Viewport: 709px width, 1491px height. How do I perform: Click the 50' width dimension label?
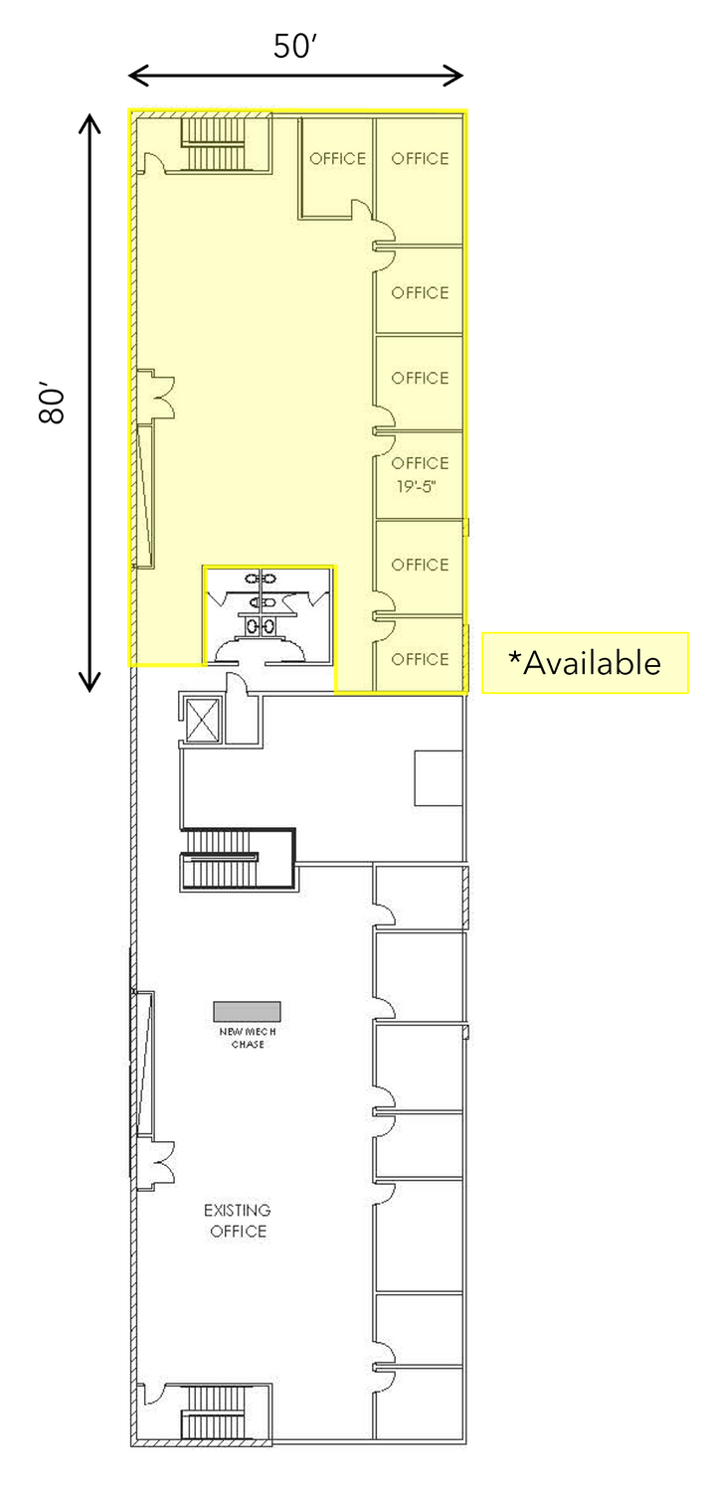[295, 47]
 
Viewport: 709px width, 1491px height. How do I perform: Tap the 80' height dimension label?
[52, 403]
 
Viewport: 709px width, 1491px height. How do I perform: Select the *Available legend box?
[585, 663]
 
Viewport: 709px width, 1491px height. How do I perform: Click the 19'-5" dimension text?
[416, 487]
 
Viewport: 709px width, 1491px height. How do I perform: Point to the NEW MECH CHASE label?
[248, 1038]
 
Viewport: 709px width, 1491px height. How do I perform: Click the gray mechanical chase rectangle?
[247, 1011]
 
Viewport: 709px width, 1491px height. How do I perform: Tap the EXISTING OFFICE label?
[238, 1220]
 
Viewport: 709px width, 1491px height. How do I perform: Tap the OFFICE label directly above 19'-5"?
[420, 463]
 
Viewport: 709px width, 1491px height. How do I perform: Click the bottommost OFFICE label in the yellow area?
[420, 659]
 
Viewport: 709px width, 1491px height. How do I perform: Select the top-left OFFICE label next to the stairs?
[337, 158]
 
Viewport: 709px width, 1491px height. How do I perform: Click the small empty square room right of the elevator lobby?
[439, 778]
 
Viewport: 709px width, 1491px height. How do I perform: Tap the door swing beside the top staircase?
[151, 162]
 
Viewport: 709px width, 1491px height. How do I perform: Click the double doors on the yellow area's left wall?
[157, 394]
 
